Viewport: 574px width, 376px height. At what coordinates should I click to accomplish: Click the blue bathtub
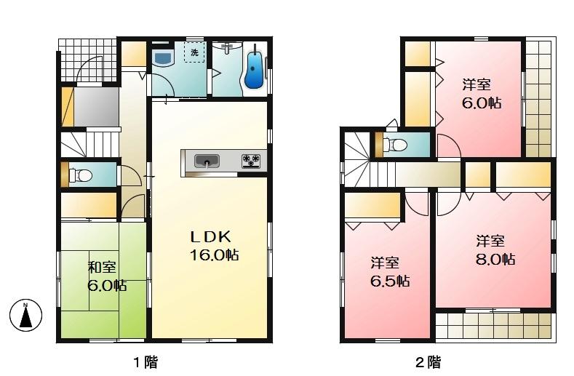[x=254, y=71]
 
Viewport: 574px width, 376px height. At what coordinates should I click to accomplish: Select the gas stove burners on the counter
[x=252, y=160]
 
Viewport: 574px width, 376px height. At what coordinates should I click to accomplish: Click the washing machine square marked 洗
[x=194, y=54]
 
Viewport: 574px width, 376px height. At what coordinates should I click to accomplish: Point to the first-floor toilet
[x=81, y=175]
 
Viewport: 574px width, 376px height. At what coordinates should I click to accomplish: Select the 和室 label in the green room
[x=100, y=267]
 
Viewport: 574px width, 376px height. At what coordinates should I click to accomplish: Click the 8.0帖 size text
[x=496, y=258]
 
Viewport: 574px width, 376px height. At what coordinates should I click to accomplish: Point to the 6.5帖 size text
[x=389, y=280]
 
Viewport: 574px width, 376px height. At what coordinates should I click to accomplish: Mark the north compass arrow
[x=25, y=315]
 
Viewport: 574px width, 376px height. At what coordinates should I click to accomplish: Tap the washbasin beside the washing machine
[x=162, y=57]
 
